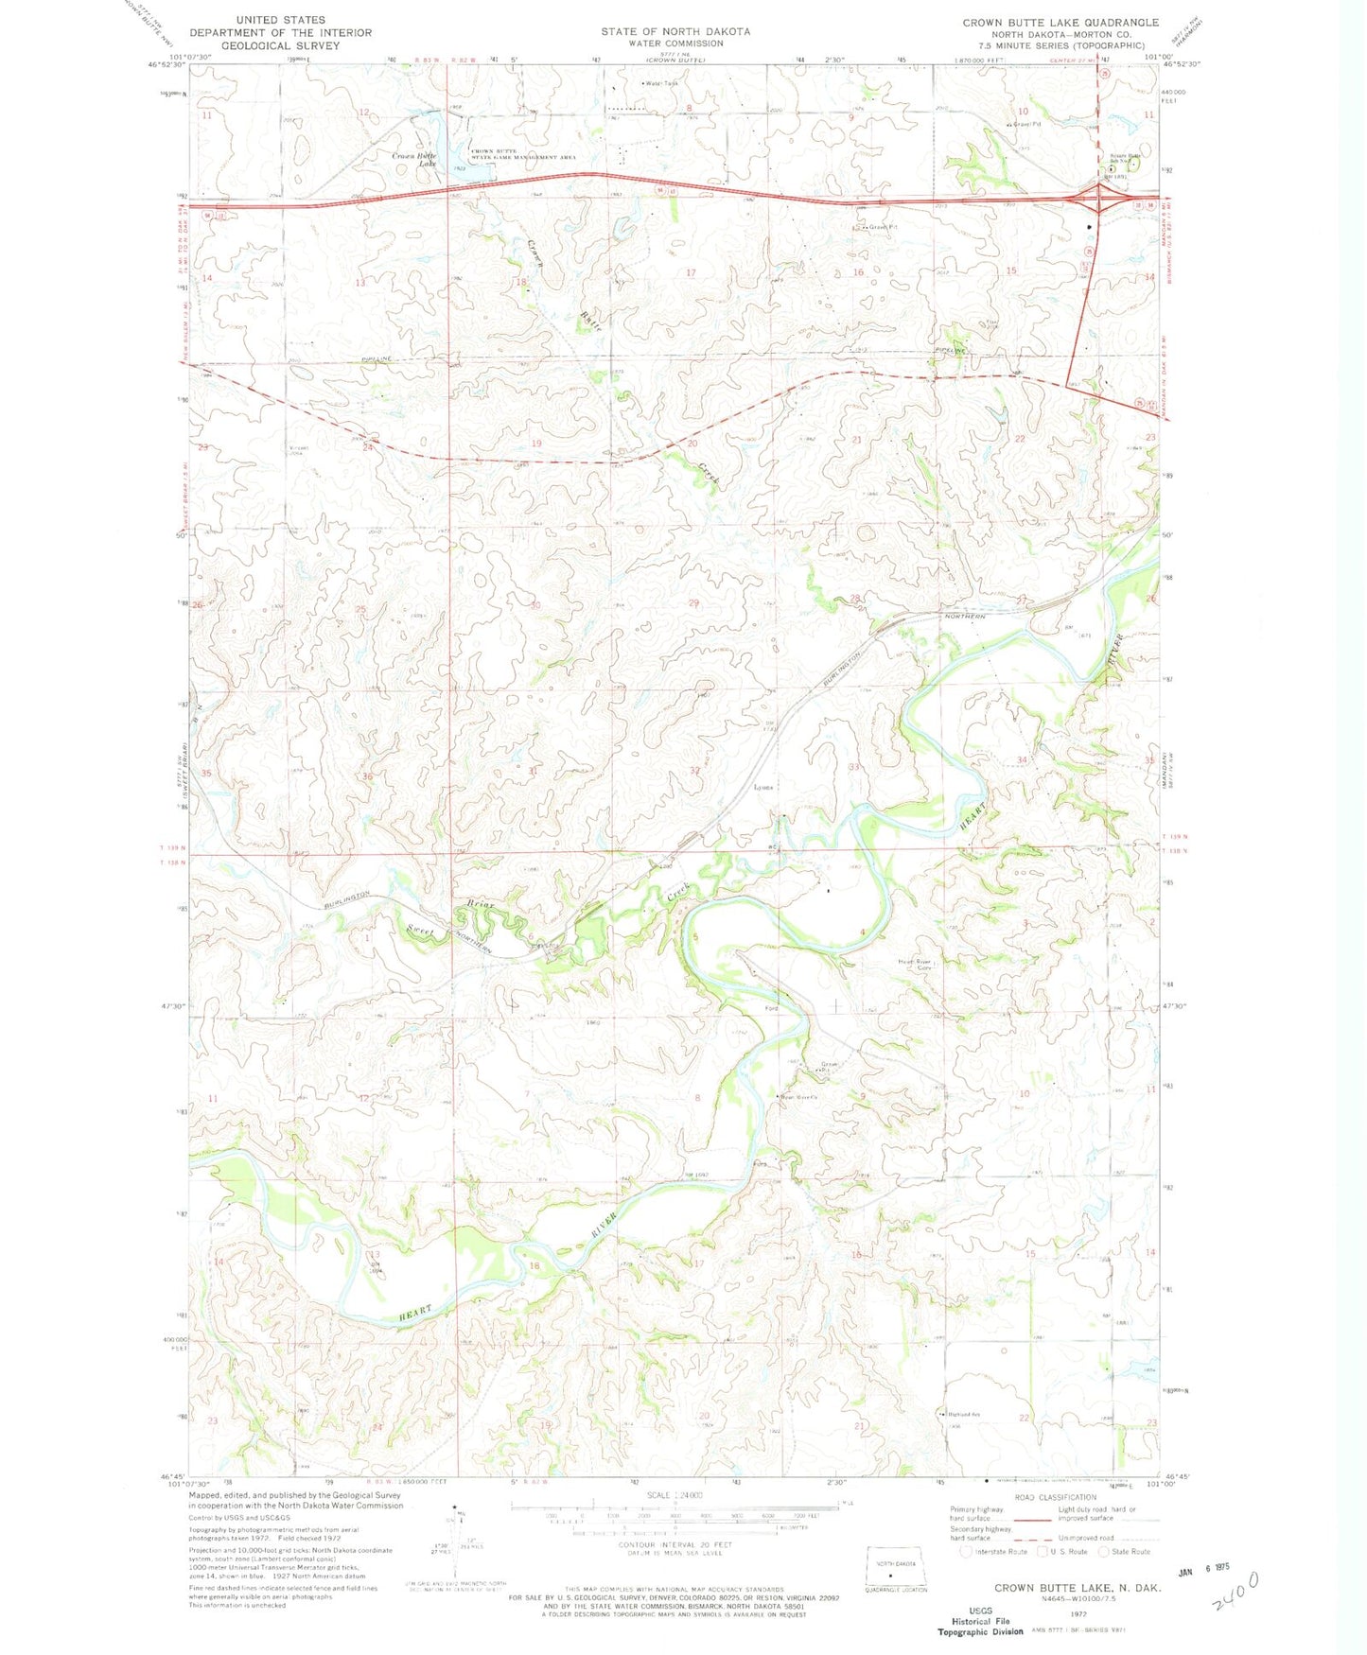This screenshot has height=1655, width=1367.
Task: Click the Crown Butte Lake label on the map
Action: [x=414, y=159]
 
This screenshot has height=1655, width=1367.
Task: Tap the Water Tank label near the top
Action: [x=662, y=83]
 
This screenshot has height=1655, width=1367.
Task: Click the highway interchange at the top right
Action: [x=1099, y=200]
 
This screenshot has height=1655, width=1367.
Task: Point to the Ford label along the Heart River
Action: [x=771, y=1008]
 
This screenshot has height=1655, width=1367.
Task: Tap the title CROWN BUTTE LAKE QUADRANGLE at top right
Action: [x=1060, y=22]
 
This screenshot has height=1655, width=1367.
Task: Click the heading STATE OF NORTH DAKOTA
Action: [x=675, y=31]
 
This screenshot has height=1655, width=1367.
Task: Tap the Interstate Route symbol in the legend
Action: [x=966, y=1551]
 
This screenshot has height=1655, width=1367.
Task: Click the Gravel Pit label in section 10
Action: [x=1025, y=124]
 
